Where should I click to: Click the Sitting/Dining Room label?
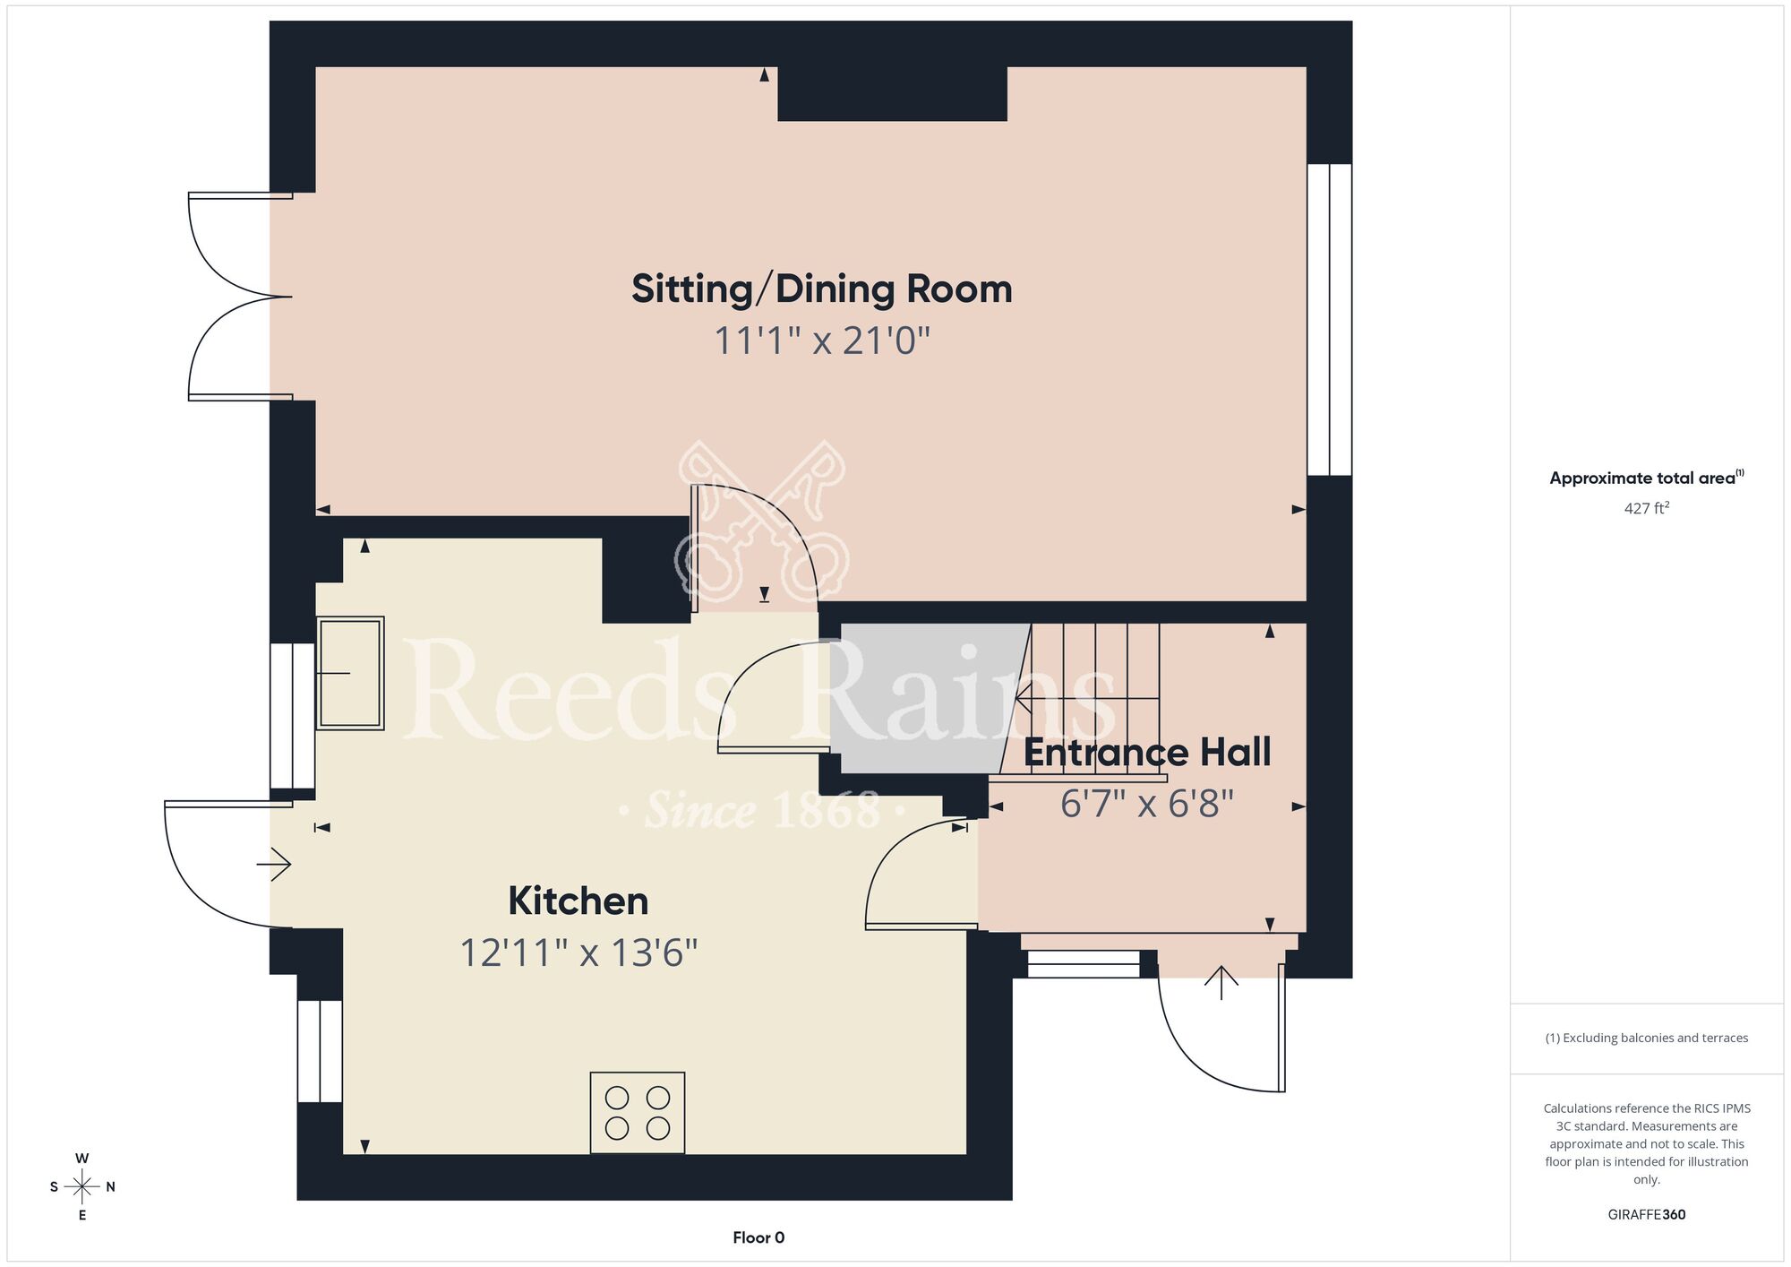coord(821,289)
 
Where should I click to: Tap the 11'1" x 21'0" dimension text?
coord(821,341)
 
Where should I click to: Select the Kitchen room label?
coord(578,901)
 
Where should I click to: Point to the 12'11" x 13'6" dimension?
coord(578,952)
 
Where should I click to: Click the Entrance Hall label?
coord(1147,753)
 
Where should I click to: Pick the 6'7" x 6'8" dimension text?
coord(1147,804)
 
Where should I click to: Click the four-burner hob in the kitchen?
coord(638,1113)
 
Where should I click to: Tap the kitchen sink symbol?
coord(350,672)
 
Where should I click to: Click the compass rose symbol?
coord(82,1187)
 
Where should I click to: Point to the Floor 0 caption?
coord(758,1237)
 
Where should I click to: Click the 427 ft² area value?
coord(1647,508)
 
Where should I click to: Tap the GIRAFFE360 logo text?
coord(1647,1215)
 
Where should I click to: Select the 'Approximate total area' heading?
coord(1647,478)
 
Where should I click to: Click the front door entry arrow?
coord(1221,983)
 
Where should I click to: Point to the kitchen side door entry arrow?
coord(274,865)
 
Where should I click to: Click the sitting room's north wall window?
coord(1329,319)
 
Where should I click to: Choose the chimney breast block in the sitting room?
coord(892,93)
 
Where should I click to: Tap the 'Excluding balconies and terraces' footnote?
coord(1647,1038)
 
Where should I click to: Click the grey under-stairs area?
coord(927,698)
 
